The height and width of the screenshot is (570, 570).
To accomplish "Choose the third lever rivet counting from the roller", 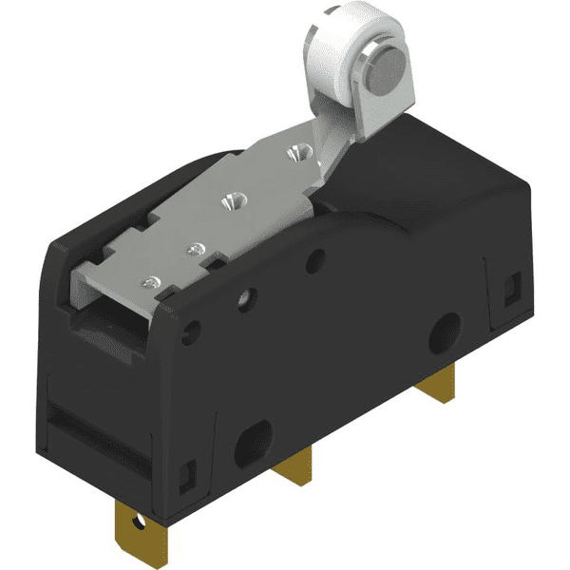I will [195, 249].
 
